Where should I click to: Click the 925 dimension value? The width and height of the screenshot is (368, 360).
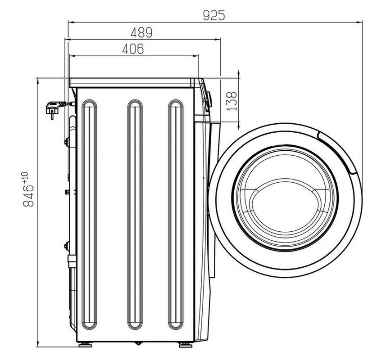pos(214,15)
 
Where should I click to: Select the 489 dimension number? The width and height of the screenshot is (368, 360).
pos(141,32)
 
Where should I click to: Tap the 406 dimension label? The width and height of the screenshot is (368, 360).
pos(133,49)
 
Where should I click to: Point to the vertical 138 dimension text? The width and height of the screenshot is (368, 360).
pos(232,101)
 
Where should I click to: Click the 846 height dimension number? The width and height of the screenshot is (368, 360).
pos(28,196)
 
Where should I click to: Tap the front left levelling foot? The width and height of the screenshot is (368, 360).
pos(186,345)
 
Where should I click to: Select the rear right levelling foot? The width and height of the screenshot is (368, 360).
pos(85,345)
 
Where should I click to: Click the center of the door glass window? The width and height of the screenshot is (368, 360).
pos(285,198)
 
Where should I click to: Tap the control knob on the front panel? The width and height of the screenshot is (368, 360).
pos(208,99)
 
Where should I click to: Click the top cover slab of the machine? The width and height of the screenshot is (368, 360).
pos(132,83)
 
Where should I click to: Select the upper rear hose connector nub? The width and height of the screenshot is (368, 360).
pos(67,142)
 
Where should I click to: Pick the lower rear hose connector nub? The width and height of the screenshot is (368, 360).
pos(67,246)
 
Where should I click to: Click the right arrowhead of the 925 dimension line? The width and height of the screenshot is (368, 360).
pos(359,22)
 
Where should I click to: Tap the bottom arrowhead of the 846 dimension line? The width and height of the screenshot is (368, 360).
pos(37,344)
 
